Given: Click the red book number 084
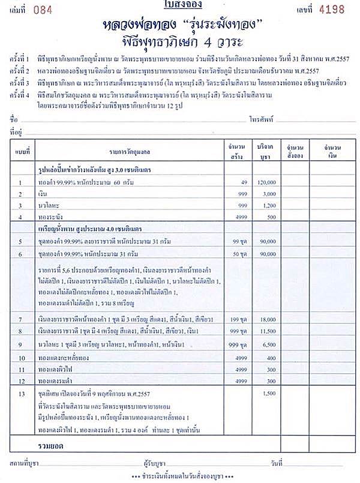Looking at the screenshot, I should click(x=40, y=10).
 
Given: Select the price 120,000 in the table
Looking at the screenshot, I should click(x=266, y=181).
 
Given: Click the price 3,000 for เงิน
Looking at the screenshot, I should click(x=268, y=193).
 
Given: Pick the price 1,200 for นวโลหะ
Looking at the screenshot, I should click(x=268, y=205).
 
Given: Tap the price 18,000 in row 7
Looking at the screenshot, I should click(x=267, y=319).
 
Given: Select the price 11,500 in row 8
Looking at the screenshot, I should click(x=267, y=331).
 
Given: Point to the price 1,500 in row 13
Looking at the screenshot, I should click(x=268, y=394).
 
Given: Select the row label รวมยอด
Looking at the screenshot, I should click(x=50, y=446).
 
